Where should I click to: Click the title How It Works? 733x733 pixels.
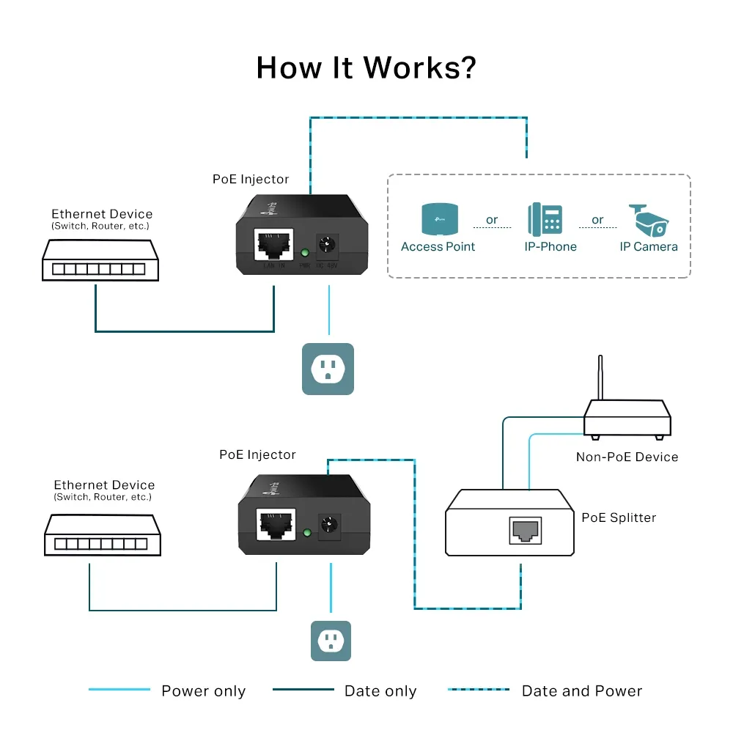366,67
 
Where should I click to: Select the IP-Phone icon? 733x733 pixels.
545,218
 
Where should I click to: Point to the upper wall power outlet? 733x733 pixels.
328,369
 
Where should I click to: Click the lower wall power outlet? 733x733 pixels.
331,641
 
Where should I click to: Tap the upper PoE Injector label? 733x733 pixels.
251,180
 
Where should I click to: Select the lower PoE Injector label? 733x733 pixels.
257,455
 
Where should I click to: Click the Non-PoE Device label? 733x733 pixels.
627,457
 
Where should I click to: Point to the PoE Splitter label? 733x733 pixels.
619,517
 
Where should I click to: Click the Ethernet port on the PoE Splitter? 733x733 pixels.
525,529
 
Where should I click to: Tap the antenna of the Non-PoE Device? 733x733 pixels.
601,378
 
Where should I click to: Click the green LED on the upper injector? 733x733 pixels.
303,254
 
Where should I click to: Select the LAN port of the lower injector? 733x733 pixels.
277,524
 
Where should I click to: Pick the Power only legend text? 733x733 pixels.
203,691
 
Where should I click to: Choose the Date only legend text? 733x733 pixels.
380,691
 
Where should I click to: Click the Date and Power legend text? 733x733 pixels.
581,691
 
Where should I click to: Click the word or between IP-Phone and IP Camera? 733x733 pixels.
597,220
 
